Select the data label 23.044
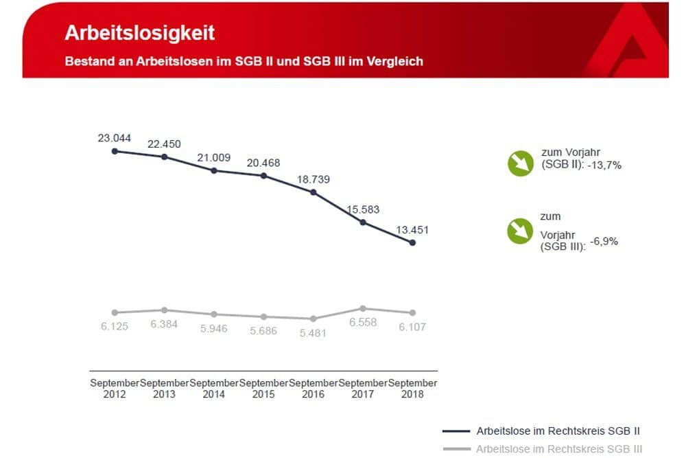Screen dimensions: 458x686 tap(115, 138)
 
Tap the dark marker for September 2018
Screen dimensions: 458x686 tap(412, 242)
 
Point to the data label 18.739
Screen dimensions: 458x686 tap(313, 179)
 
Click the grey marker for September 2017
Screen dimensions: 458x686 tap(363, 308)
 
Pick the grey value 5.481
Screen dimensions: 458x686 tap(313, 333)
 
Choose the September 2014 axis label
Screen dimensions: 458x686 tap(214, 388)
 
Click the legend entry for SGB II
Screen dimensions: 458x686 tap(558, 431)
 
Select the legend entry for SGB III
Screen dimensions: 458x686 tap(558, 449)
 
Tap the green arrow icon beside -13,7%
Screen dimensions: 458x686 tap(520, 163)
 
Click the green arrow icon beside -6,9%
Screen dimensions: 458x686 tap(520, 231)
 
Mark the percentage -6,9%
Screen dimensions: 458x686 tap(603, 242)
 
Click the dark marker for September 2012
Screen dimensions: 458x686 tap(115, 151)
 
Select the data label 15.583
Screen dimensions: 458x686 tap(363, 209)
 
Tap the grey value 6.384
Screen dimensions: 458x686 tap(164, 323)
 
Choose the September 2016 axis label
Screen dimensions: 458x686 tap(313, 388)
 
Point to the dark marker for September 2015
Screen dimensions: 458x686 tap(263, 176)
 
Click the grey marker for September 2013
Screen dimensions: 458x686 tap(164, 310)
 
